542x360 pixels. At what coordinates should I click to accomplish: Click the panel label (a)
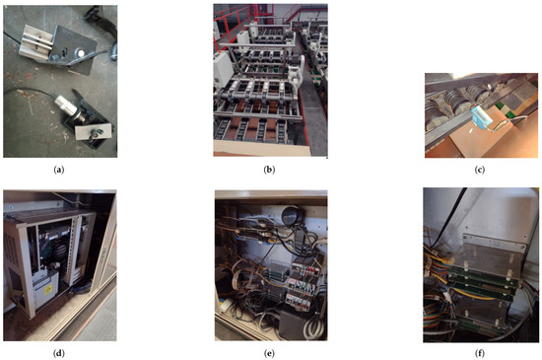tap(59, 170)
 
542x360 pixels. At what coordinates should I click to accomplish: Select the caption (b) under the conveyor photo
tap(269, 170)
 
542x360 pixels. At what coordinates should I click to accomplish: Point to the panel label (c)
tap(480, 170)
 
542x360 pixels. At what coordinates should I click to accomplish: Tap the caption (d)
tap(59, 353)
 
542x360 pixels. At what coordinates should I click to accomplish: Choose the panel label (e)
tap(269, 353)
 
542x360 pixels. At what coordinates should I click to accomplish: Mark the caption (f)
tap(480, 353)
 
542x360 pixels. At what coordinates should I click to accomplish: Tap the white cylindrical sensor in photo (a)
tap(66, 106)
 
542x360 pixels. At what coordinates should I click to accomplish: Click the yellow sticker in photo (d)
tap(48, 289)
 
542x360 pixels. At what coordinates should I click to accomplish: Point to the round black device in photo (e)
tap(292, 216)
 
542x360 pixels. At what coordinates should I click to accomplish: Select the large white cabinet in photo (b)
tap(223, 72)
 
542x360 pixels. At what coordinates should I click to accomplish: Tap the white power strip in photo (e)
tap(226, 306)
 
